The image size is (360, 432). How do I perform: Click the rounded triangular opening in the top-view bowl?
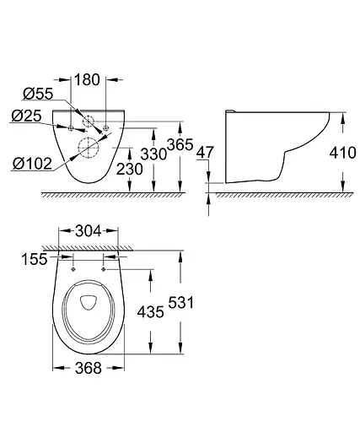pos(89,304)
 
